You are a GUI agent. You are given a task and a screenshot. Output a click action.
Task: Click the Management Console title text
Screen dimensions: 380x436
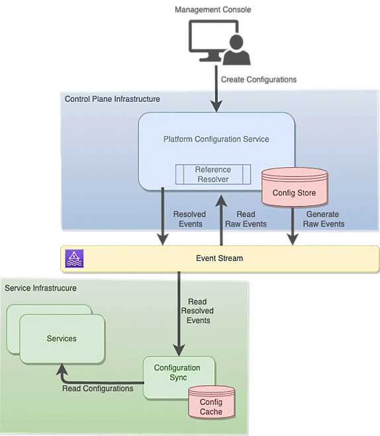213,10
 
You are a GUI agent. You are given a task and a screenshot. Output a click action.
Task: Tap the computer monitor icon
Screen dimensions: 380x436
213,40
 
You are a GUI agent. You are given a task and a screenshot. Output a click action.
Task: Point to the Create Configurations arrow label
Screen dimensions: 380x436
259,79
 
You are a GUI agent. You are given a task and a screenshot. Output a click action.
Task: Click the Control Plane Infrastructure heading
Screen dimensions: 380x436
113,99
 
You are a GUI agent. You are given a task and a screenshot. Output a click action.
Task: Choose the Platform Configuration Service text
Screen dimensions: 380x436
216,139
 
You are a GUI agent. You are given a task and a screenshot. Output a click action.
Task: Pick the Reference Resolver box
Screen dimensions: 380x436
213,174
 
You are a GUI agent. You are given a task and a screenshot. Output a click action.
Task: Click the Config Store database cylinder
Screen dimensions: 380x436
294,187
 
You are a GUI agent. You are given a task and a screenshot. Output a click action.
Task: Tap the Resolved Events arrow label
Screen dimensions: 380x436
190,219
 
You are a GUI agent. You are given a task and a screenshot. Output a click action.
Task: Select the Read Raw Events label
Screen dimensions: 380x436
246,219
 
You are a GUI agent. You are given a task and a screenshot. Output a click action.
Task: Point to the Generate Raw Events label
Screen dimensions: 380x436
324,219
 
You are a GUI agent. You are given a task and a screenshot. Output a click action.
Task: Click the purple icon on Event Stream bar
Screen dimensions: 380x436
74,258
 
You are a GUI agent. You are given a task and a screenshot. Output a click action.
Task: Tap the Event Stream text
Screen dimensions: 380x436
220,258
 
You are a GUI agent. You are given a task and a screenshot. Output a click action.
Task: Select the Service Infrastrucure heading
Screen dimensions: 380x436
40,288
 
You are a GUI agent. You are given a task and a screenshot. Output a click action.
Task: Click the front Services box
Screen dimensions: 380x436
62,339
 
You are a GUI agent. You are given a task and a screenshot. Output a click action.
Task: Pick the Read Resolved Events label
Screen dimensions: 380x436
197,311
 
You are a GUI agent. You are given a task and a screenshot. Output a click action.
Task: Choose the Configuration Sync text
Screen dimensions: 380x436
177,373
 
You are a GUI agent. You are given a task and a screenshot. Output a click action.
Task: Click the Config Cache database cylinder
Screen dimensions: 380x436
211,402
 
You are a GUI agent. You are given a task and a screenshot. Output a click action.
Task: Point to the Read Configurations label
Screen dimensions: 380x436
97,388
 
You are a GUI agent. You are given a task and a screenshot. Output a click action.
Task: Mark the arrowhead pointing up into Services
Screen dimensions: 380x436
62,369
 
